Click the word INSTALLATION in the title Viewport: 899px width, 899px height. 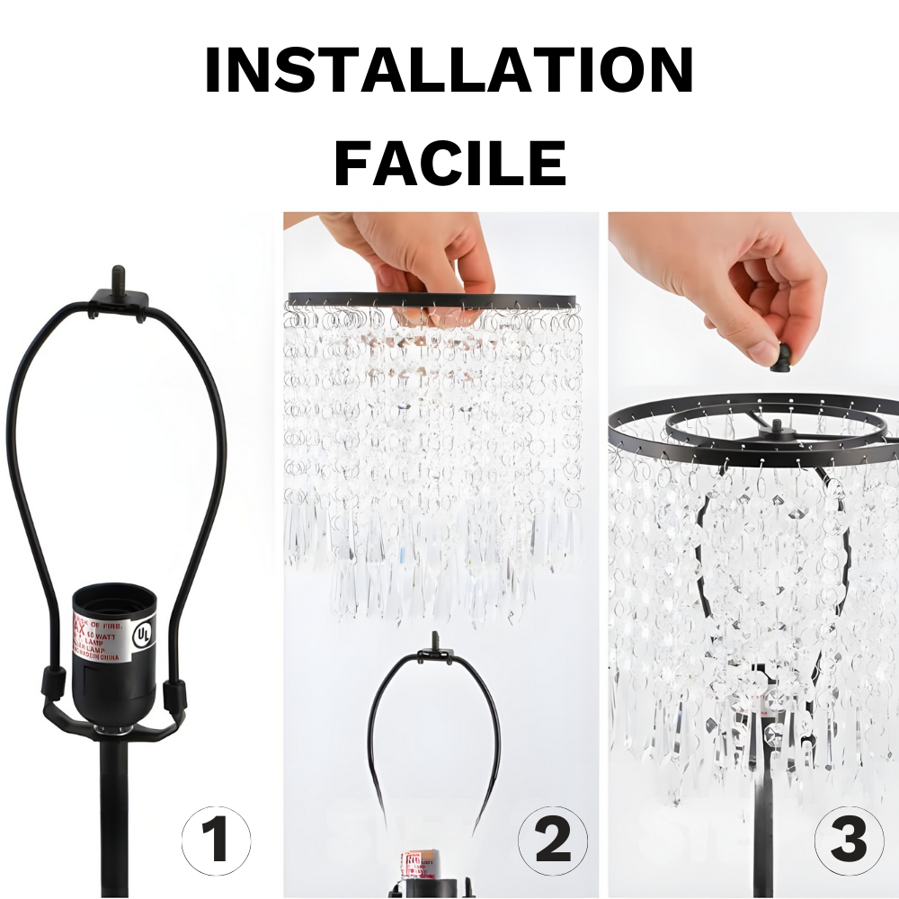(449, 71)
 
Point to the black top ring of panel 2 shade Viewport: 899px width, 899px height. (432, 300)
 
